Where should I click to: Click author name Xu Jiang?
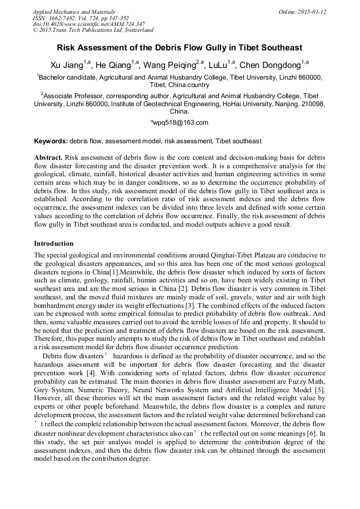pos(66,66)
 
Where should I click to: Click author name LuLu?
pos(219,66)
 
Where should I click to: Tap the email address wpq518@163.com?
pos(181,123)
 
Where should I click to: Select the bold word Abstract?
pos(48,158)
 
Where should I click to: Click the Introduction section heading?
pos(54,244)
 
